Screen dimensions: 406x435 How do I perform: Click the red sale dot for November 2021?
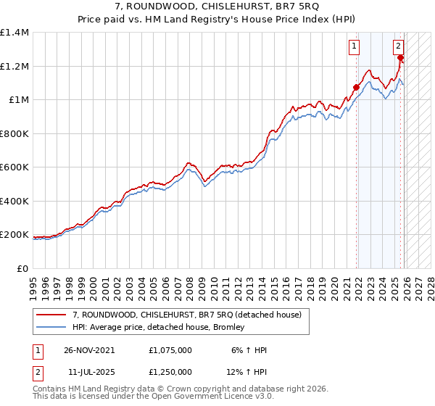coord(356,88)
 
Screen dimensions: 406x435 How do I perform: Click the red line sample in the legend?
coord(51,315)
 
